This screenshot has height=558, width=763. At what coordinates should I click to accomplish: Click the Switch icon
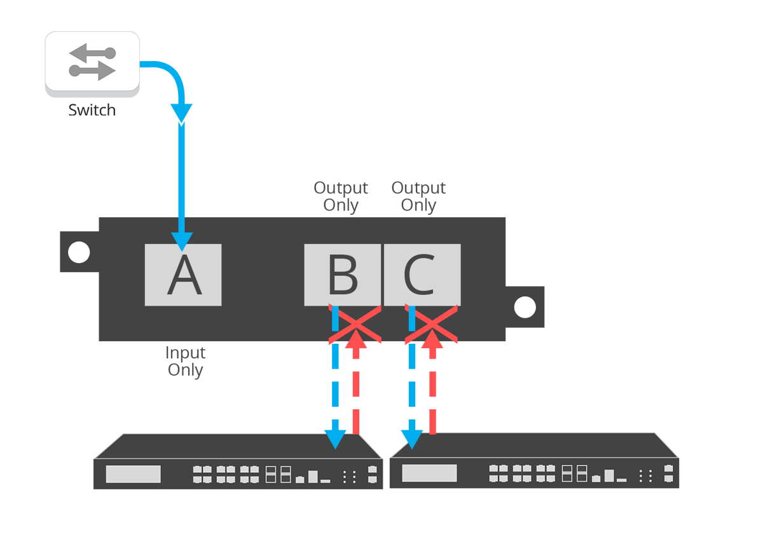(x=92, y=64)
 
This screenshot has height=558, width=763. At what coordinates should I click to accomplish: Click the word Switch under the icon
(x=92, y=110)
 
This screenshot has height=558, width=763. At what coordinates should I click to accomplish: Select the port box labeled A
(x=183, y=275)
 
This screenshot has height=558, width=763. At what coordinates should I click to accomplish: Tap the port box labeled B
(x=342, y=275)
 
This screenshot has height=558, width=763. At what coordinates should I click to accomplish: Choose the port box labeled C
(x=422, y=275)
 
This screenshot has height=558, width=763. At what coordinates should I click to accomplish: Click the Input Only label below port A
(x=185, y=361)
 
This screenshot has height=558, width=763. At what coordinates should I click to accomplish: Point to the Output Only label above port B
(x=341, y=196)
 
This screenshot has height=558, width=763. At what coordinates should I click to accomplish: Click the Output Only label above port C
(x=418, y=196)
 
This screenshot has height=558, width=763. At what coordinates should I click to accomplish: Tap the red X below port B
(x=355, y=325)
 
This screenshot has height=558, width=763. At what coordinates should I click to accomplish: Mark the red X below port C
(x=432, y=325)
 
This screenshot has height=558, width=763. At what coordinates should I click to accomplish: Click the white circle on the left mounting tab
(x=79, y=252)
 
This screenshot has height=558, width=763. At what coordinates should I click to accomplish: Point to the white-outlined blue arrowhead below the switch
(x=182, y=115)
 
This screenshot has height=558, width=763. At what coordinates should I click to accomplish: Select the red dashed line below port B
(x=356, y=394)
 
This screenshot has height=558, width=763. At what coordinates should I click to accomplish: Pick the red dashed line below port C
(x=433, y=394)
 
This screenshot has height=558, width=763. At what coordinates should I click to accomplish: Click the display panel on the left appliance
(x=133, y=474)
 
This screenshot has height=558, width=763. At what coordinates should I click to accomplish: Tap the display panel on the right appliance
(x=429, y=473)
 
